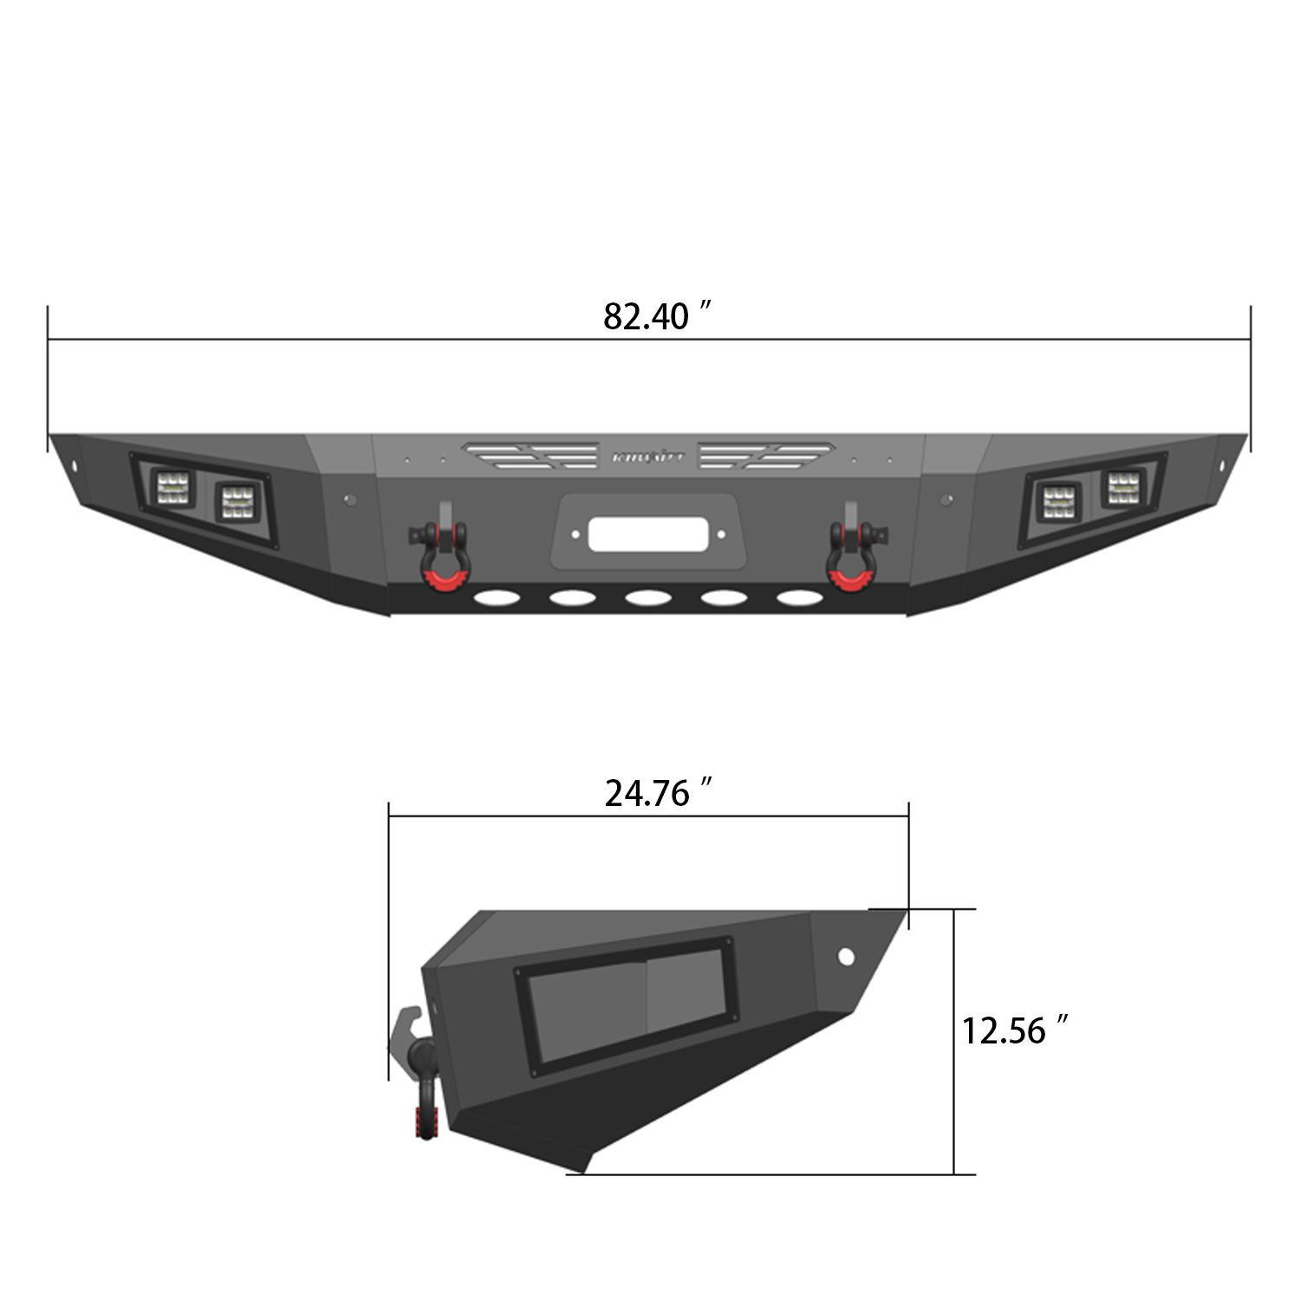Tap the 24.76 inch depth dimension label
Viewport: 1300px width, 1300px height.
click(x=658, y=793)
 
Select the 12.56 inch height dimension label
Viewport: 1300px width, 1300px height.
click(x=1013, y=1030)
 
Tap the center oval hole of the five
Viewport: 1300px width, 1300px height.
click(x=648, y=598)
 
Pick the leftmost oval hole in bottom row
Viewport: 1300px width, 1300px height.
click(x=495, y=598)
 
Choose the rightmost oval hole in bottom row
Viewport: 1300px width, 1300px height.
click(x=798, y=598)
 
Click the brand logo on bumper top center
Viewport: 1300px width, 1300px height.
click(x=648, y=455)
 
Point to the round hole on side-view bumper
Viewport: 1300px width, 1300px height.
click(x=845, y=956)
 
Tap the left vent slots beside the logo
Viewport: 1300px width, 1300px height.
click(x=530, y=453)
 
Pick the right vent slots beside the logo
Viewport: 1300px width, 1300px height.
click(x=767, y=453)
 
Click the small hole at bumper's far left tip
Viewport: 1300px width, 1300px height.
click(x=75, y=467)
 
